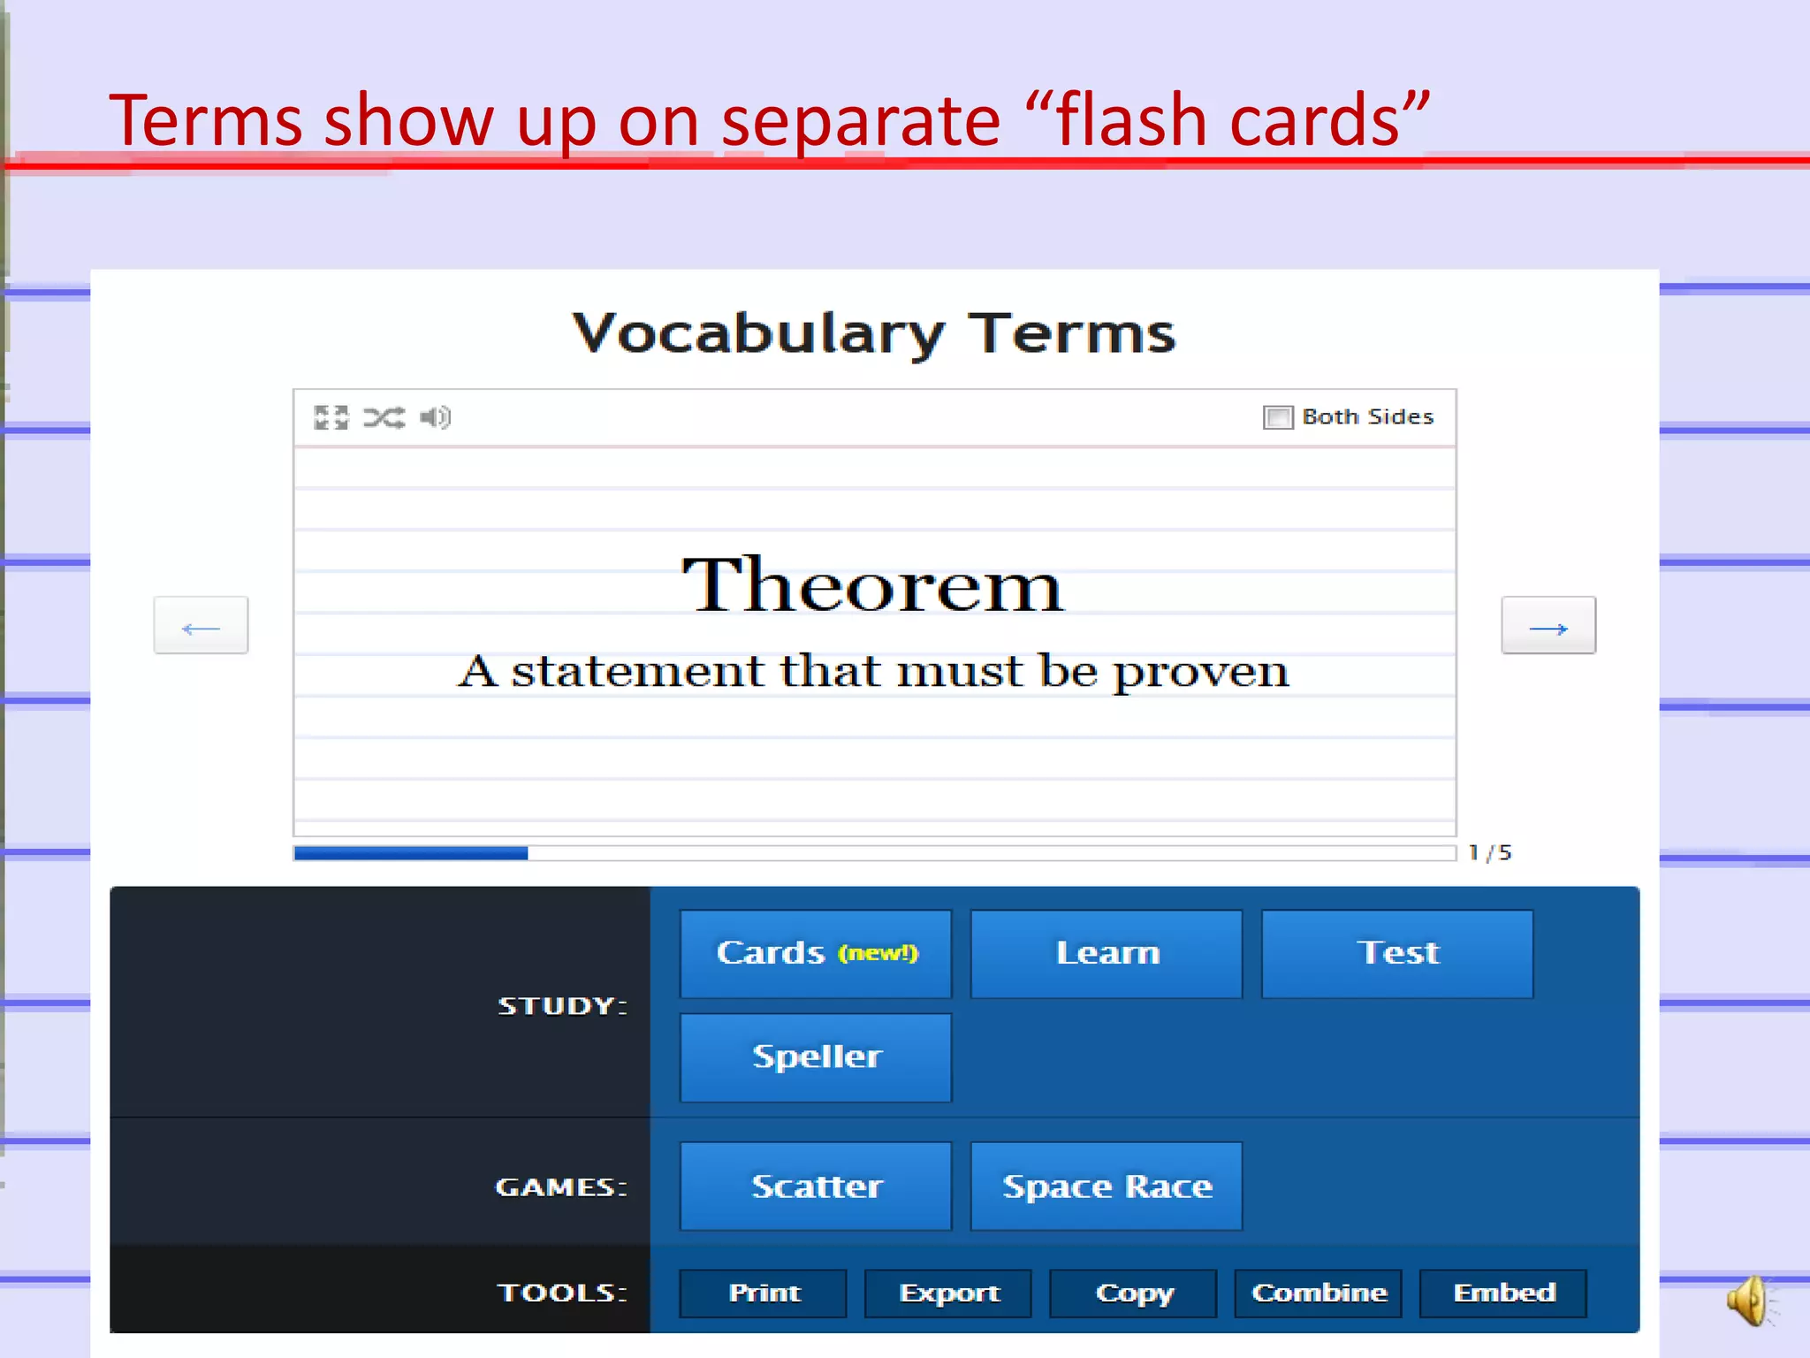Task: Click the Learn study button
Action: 1106,954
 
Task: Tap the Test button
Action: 1396,954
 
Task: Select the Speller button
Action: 815,1057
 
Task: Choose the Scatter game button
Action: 815,1186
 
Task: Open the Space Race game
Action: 1106,1186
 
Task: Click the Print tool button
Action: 763,1293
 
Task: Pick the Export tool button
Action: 947,1293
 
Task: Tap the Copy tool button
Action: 1133,1293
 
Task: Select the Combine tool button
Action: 1318,1293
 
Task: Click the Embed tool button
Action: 1502,1293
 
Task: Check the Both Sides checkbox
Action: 1277,417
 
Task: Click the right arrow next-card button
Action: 1548,626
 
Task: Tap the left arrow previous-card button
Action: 201,626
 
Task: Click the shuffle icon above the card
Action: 384,417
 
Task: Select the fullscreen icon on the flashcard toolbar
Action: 331,417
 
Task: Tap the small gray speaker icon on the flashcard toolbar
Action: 435,417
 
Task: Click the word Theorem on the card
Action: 872,585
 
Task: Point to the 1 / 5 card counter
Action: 1489,853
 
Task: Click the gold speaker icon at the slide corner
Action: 1749,1301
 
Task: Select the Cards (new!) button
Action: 815,954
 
